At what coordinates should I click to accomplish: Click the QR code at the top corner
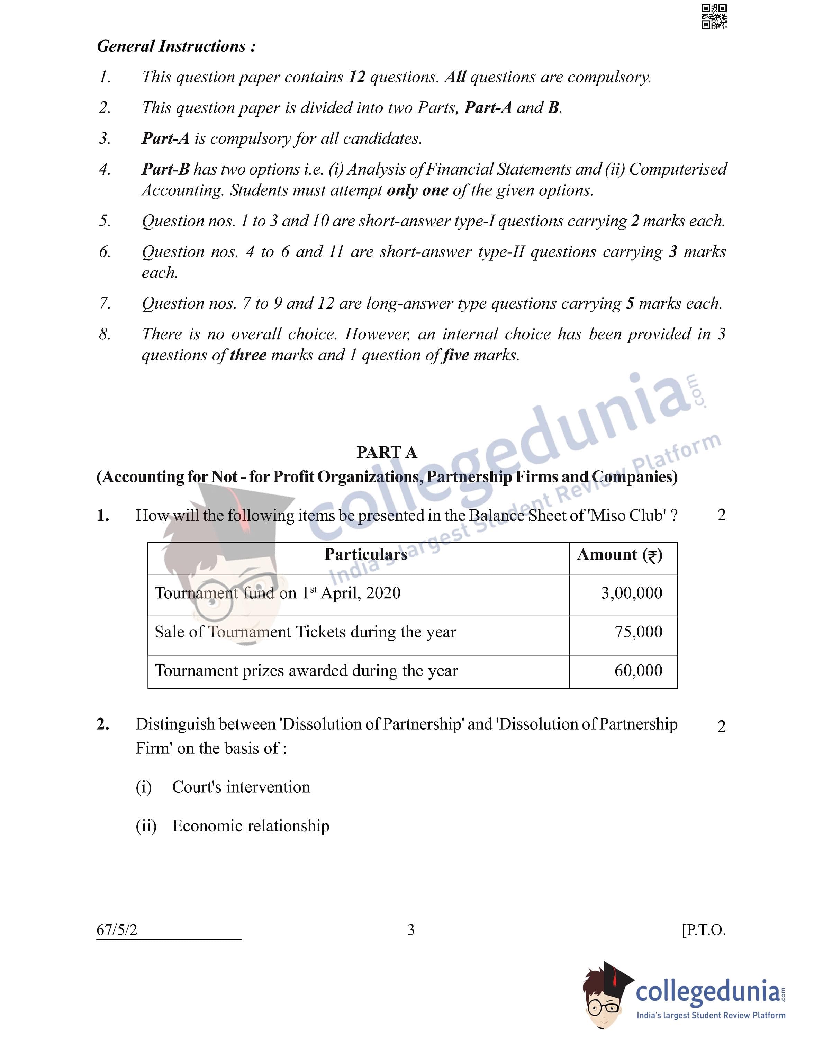click(714, 17)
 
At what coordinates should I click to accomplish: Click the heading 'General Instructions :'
click(176, 46)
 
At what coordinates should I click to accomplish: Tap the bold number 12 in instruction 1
click(357, 77)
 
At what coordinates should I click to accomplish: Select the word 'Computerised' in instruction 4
click(678, 169)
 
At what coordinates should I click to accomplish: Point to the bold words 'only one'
click(417, 190)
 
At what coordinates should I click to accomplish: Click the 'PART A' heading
click(387, 452)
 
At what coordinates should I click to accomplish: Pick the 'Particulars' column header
click(365, 554)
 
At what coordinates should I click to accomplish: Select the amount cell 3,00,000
click(632, 593)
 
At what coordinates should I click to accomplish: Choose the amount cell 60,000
click(638, 671)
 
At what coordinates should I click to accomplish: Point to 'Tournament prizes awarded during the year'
click(306, 671)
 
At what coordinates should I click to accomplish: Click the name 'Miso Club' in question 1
click(627, 516)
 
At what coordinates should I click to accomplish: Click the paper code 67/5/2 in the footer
click(117, 930)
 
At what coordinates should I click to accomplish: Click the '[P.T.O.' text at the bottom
click(703, 930)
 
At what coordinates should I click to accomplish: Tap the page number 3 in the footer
click(411, 930)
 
